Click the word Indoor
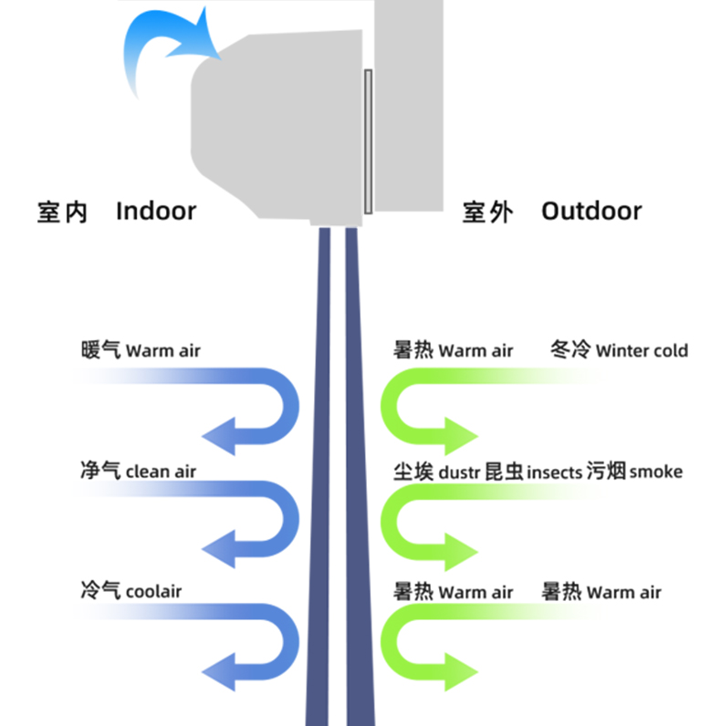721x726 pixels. [x=156, y=212]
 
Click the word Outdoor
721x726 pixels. [x=591, y=212]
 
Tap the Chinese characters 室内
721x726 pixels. [x=63, y=213]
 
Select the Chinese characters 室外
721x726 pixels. [x=487, y=213]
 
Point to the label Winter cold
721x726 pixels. [x=642, y=350]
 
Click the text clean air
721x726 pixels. [x=161, y=472]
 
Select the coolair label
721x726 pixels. [x=153, y=591]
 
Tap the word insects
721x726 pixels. [x=554, y=472]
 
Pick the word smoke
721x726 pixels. [x=655, y=472]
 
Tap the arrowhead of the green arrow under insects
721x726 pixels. [x=462, y=550]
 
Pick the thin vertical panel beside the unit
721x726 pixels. [x=368, y=141]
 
